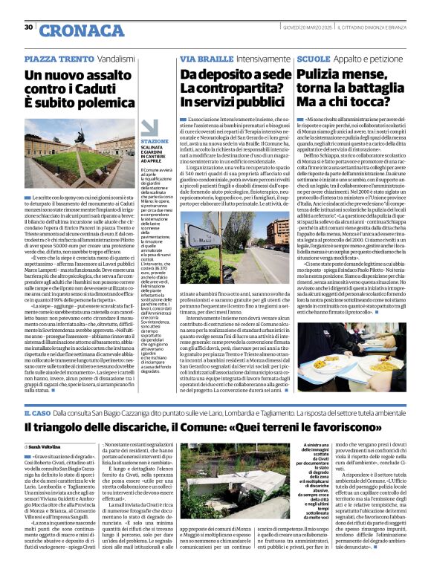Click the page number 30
(x=28, y=27)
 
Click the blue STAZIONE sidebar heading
(x=155, y=141)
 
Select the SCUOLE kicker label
(x=312, y=58)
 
